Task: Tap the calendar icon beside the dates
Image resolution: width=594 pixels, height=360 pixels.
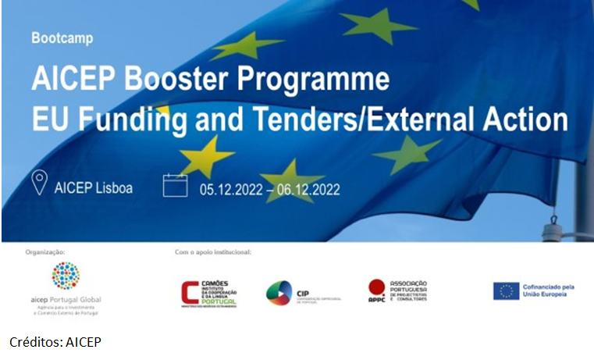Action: tap(175, 185)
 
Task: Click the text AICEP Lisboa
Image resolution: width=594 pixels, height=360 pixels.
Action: tap(94, 188)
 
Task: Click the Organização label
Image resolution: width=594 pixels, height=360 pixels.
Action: tap(45, 252)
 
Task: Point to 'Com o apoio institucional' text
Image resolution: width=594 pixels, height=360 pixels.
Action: tap(213, 252)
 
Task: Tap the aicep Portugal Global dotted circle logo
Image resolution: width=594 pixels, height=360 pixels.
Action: tap(66, 276)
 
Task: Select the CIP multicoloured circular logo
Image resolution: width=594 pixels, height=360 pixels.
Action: tap(279, 294)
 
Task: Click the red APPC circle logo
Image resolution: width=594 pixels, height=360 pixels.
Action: tap(377, 286)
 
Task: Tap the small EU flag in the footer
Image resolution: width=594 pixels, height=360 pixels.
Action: tap(506, 291)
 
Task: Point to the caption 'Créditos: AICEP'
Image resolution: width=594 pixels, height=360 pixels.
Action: tap(55, 342)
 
